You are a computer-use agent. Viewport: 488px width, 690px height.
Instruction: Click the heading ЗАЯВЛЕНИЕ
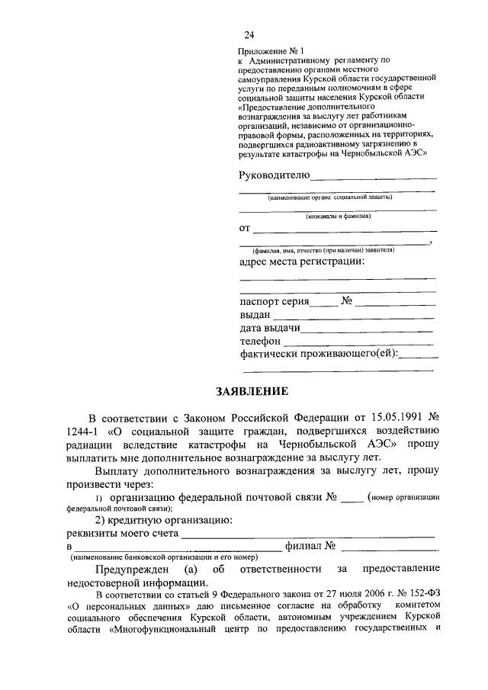coord(252,392)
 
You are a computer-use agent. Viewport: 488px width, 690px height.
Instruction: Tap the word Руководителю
coord(274,175)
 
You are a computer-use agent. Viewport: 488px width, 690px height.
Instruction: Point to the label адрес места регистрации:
coord(302,262)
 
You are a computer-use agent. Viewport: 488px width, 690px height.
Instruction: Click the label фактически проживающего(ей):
coord(319,355)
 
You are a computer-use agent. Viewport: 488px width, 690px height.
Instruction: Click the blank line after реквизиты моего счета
coord(309,537)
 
